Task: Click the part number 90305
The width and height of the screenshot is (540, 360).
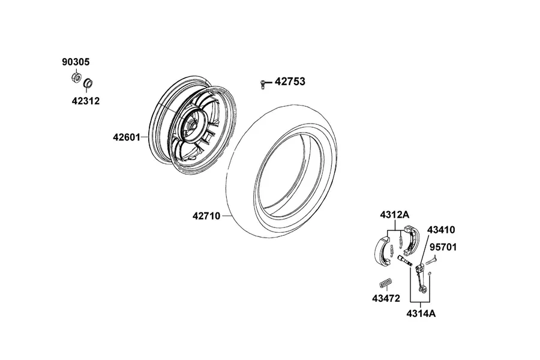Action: click(76, 62)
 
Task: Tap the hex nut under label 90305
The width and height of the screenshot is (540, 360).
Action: click(76, 77)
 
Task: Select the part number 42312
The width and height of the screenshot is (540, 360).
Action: click(86, 101)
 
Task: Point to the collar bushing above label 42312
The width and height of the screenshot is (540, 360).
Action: click(89, 83)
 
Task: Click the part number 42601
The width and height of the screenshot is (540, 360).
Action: click(127, 137)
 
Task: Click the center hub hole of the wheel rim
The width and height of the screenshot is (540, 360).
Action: click(191, 126)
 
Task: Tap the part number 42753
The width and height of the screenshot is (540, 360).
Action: click(290, 82)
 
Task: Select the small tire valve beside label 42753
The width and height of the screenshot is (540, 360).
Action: click(263, 84)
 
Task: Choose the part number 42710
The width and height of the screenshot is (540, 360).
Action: click(206, 216)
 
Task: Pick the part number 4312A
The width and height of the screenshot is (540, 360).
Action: click(395, 215)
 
